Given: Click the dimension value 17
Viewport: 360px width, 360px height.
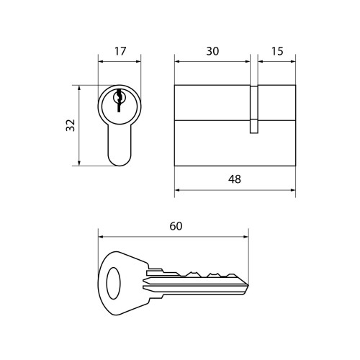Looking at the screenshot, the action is point(120,51).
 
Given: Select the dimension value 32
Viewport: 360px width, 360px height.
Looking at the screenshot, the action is point(71,125).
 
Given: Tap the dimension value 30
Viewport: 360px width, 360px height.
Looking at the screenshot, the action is point(212,51).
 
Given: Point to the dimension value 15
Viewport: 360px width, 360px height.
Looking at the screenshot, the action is point(277,51).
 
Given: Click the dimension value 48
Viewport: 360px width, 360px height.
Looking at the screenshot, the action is point(235,179).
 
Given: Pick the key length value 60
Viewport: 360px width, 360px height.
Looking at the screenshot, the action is point(176,226).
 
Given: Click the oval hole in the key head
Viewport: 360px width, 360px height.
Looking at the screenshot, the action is point(113,283).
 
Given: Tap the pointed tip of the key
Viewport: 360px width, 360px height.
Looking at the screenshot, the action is point(248,285).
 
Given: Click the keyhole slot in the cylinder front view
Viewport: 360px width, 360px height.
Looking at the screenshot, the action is point(119,100).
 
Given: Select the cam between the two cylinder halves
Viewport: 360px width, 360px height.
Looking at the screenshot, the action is point(254,109).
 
